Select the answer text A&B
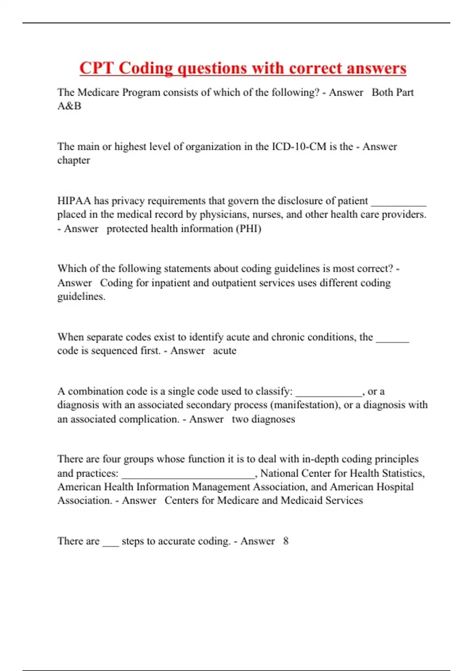coord(69,106)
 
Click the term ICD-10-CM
coord(299,146)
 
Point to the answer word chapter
coord(74,160)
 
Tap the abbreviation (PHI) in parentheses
coord(248,229)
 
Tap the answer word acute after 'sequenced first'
coord(225,351)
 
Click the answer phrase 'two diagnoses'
coord(263,419)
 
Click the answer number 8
coord(286,541)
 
